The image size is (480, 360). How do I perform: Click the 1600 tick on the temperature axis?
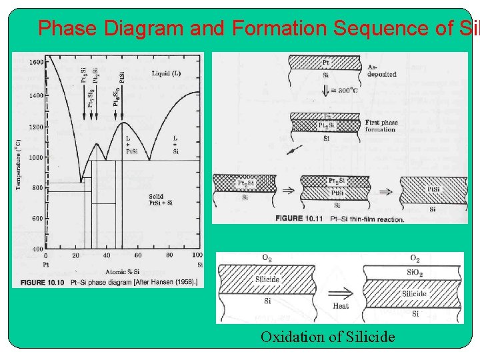coord(36,63)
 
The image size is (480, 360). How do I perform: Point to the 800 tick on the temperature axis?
coord(38,188)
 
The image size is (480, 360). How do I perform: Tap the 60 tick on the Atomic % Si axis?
coord(138,255)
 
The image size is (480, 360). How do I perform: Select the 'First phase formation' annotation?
coord(381,126)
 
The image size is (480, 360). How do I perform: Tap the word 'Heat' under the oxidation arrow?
coord(340,306)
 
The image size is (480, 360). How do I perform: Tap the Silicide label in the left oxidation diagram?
coord(267,279)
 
